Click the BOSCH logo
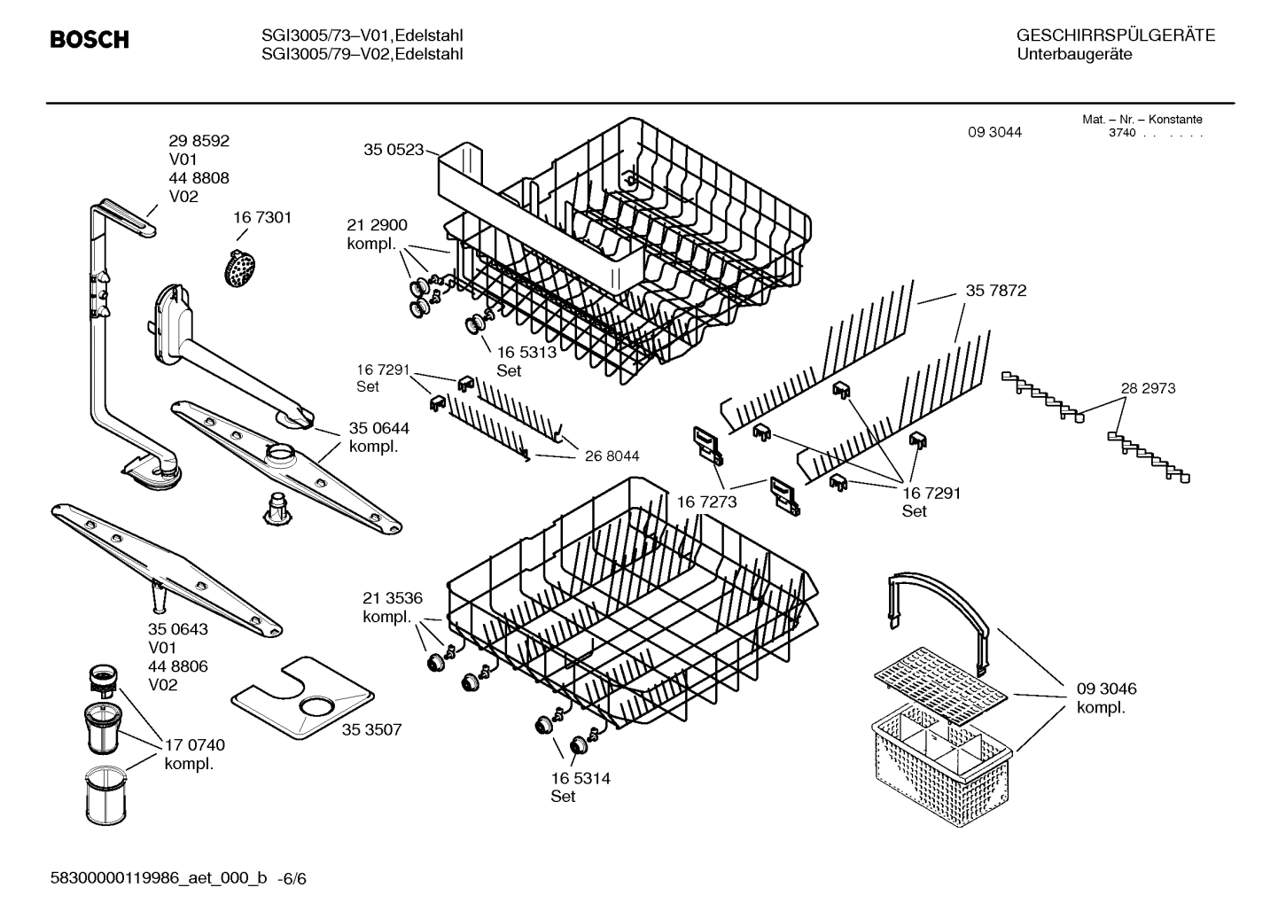tap(90, 40)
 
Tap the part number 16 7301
tap(262, 217)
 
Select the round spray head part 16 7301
tap(238, 267)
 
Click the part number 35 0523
tap(394, 150)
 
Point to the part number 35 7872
tap(996, 291)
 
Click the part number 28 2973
tap(1148, 388)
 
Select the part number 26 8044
tap(612, 456)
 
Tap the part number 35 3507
tap(371, 729)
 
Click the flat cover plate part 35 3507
tap(301, 698)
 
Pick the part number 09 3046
tap(1106, 689)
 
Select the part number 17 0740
tap(195, 745)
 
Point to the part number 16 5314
tap(581, 778)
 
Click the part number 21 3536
tap(393, 598)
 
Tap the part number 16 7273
tap(706, 502)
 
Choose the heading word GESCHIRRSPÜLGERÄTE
tap(1115, 35)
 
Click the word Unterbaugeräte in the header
tap(1074, 54)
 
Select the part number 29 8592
tap(199, 141)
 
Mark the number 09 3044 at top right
tap(994, 132)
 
